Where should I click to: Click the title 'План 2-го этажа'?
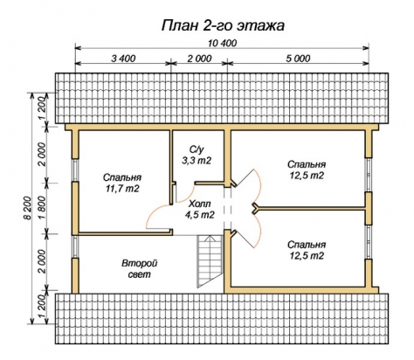pos(223,25)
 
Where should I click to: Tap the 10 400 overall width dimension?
pos(223,43)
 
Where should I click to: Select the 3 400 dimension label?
pos(123,59)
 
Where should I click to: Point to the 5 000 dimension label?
pos(298,59)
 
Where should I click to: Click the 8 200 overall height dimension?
pos(27,208)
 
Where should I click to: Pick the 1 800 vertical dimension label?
pos(42,208)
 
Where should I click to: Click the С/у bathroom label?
pos(197,149)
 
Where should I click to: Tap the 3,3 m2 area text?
pos(197,161)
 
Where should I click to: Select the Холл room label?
pos(199,204)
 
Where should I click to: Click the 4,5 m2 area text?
pos(200,215)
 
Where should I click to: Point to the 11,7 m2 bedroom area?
pos(122,189)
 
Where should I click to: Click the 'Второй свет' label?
pos(140,269)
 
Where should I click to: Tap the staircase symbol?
pos(210,261)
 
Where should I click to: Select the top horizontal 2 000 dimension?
pos(199,59)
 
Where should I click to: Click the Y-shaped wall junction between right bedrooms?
pos(255,208)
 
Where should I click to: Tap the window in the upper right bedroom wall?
pos(369,175)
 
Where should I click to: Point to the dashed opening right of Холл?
pos(227,208)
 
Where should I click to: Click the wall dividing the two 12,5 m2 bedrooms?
pos(312,208)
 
